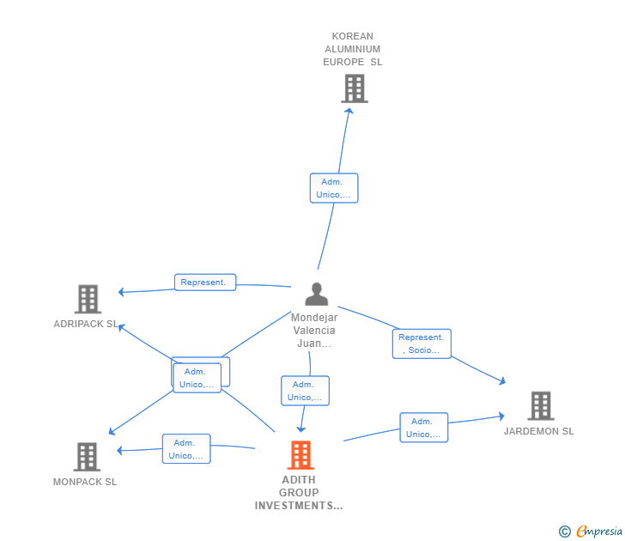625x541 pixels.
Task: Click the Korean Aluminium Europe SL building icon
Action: point(355,88)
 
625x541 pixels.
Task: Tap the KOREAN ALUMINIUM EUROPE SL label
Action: point(352,49)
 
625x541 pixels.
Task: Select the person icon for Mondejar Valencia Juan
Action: point(317,294)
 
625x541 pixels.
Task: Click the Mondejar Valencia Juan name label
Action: point(314,330)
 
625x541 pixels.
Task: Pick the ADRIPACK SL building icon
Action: point(88,299)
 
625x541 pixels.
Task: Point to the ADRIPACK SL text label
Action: point(86,324)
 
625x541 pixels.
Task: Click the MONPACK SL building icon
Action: point(87,457)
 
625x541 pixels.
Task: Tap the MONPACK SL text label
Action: point(85,482)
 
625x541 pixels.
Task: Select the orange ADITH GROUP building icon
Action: point(300,455)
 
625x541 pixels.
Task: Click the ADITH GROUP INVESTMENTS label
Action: point(299,493)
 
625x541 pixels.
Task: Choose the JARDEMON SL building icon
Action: point(541,406)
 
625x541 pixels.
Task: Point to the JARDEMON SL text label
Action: point(538,431)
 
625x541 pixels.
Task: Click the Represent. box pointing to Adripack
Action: point(205,283)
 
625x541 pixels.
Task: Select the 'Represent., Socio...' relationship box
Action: point(422,343)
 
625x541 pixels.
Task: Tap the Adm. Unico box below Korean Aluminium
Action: point(334,188)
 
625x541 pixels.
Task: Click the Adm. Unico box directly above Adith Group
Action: point(305,391)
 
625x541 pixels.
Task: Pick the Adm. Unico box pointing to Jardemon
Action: point(424,428)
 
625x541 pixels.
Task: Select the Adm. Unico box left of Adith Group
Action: point(186,449)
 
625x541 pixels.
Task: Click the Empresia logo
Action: point(591,531)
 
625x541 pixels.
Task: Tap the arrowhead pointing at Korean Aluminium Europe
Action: point(349,112)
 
